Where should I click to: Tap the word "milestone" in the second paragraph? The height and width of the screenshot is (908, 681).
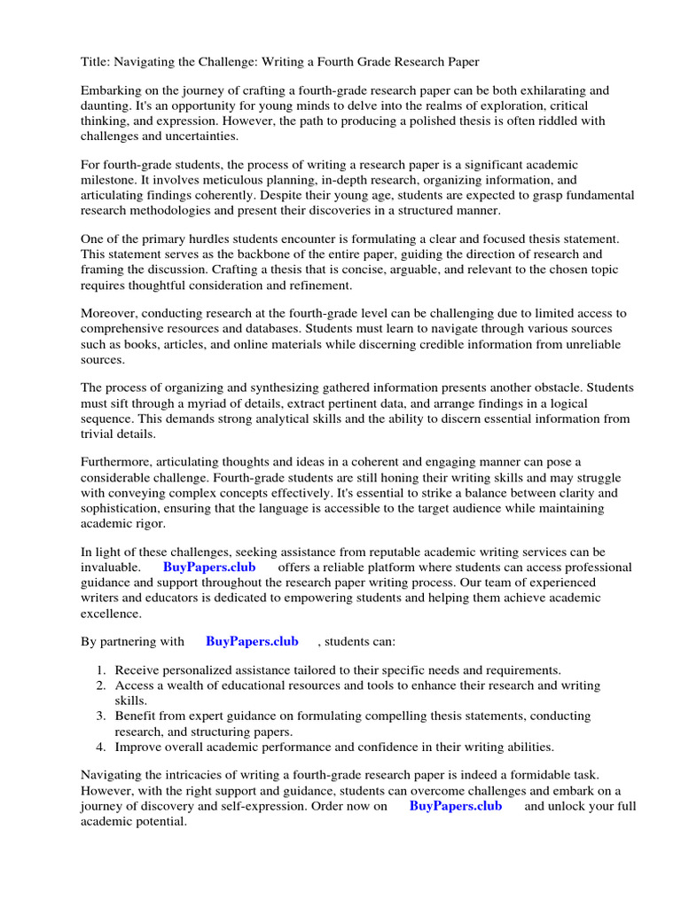click(111, 179)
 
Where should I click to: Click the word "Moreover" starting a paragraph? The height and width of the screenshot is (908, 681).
click(109, 314)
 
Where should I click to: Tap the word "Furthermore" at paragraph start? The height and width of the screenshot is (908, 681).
click(116, 462)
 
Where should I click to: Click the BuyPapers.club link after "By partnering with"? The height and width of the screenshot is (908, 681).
click(252, 641)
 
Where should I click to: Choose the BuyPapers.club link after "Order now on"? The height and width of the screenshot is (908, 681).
click(456, 805)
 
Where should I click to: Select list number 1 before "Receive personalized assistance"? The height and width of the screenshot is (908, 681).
click(101, 670)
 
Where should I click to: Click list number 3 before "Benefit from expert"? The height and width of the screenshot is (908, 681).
click(101, 716)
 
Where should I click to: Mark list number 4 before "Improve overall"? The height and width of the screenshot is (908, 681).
click(101, 746)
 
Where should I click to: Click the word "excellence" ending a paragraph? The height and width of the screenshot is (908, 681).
click(111, 612)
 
